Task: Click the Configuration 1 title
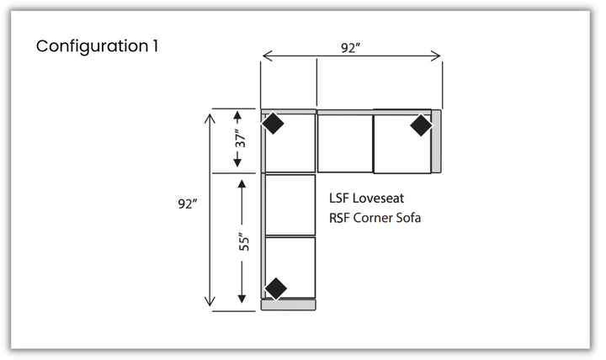(x=97, y=46)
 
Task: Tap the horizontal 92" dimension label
(x=350, y=48)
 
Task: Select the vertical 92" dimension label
(x=188, y=204)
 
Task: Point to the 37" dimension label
(x=241, y=138)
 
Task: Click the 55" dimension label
(x=244, y=241)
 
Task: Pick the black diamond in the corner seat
(x=273, y=123)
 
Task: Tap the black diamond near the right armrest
(x=421, y=125)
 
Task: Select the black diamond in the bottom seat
(x=276, y=289)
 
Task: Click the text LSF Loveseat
(x=366, y=199)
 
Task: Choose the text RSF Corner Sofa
(x=375, y=218)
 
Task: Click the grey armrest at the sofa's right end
(x=436, y=141)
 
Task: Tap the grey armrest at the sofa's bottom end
(x=289, y=304)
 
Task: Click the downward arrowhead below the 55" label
(x=242, y=299)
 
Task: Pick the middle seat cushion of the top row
(x=345, y=144)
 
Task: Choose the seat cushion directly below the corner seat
(x=290, y=204)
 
